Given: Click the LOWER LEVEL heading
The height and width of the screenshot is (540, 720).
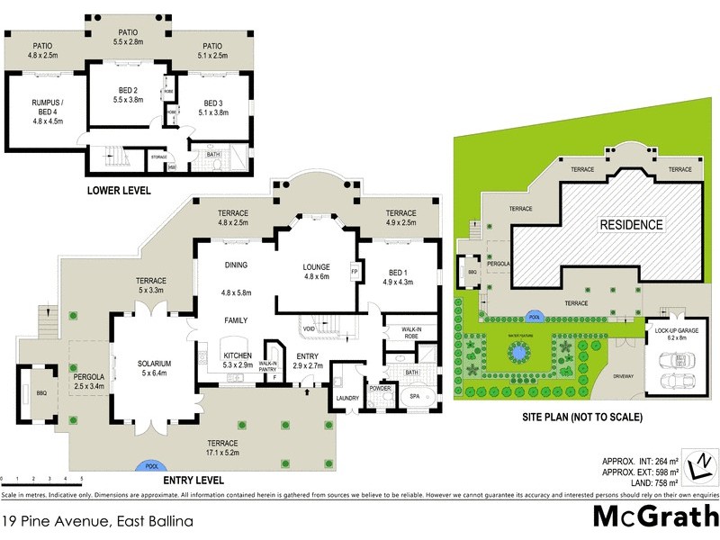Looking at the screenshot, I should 118,191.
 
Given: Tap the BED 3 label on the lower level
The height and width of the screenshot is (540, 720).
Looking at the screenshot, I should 212,103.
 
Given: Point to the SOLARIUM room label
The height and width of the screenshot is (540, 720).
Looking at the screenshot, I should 153,364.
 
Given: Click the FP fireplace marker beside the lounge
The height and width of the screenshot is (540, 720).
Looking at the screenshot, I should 355,270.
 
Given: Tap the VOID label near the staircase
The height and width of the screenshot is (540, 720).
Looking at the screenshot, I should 310,328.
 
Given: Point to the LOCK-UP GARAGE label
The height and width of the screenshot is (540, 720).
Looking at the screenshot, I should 671,330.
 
